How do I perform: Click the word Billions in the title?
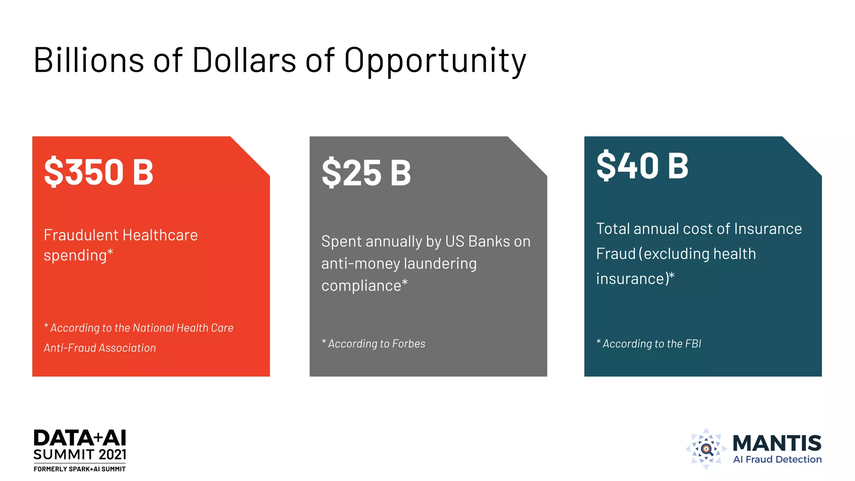tap(89, 61)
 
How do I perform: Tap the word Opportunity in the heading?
tap(435, 62)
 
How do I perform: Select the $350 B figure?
tap(99, 172)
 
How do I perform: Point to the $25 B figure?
tap(366, 173)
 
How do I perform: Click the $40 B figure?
tap(643, 166)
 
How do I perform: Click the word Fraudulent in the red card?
tap(76, 235)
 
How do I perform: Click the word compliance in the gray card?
tap(361, 286)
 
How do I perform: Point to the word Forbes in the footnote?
tap(409, 344)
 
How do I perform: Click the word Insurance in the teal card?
tap(768, 229)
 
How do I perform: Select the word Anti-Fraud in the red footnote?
tap(69, 348)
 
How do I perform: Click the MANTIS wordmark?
tap(777, 443)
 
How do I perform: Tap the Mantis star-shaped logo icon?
tap(706, 449)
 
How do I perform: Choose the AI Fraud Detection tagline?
tap(777, 460)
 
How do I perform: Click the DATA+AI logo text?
tap(80, 438)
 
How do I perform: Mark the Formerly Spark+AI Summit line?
tap(80, 469)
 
